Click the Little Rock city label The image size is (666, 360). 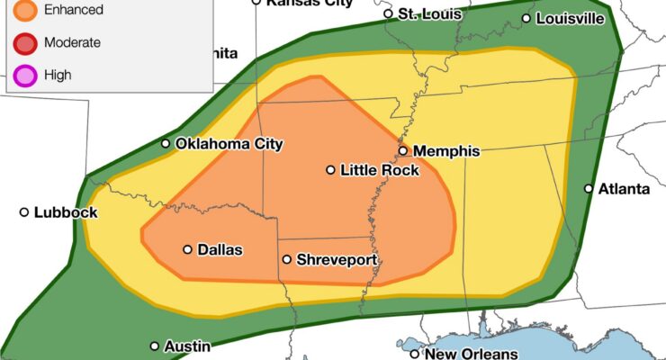(379, 170)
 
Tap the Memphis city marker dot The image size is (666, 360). (403, 151)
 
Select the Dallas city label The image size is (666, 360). (220, 250)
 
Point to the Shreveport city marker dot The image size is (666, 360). (286, 260)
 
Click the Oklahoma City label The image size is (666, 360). (229, 144)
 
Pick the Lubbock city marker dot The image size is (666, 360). (24, 212)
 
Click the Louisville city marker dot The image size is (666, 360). (526, 18)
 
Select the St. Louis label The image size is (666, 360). (430, 14)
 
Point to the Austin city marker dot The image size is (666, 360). (155, 346)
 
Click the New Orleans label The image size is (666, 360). (471, 354)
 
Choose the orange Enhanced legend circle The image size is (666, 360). (25, 11)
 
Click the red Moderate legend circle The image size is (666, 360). (25, 42)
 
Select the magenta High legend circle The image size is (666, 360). (25, 75)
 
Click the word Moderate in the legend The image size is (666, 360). (71, 42)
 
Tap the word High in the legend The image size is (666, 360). (57, 75)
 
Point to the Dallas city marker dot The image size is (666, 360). (187, 250)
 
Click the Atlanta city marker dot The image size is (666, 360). (589, 189)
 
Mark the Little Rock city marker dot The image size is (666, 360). (330, 170)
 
